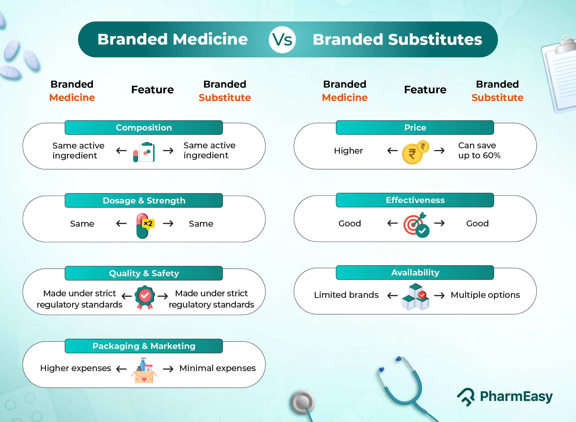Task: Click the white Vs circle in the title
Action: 282,40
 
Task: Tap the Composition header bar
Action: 144,128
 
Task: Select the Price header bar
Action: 415,128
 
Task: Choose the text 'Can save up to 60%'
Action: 479,150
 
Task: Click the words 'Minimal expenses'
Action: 217,368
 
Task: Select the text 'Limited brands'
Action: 346,295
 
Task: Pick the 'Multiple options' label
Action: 485,295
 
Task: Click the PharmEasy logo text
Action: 516,396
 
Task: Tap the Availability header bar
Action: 415,272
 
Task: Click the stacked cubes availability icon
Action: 415,297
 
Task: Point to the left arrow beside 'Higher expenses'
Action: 121,369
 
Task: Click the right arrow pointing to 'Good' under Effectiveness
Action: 439,223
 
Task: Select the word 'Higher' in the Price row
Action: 348,151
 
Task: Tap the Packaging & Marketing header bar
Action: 144,346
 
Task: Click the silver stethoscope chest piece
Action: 303,402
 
